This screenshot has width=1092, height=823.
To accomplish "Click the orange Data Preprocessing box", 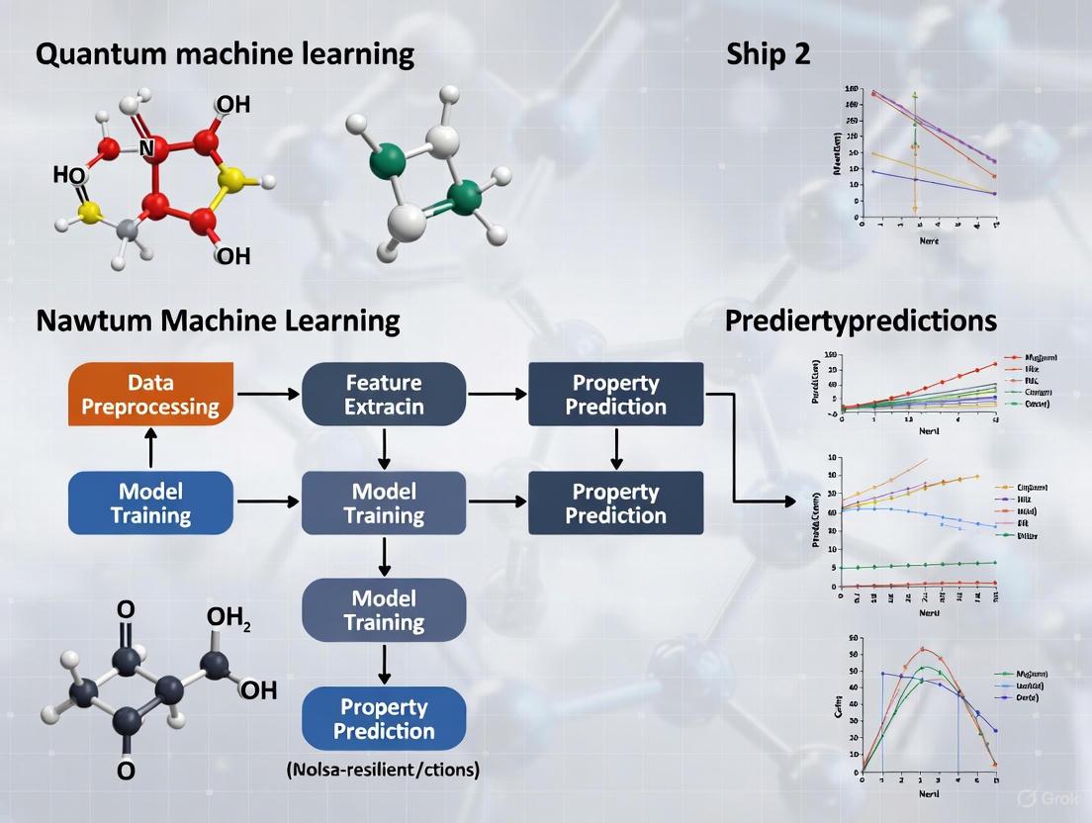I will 151,394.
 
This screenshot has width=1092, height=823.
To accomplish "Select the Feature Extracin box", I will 384,394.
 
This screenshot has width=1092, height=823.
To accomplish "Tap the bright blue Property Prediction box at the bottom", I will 384,719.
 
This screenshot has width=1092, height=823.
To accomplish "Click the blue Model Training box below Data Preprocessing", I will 151,503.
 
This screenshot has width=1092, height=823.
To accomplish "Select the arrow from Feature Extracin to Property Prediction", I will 498,394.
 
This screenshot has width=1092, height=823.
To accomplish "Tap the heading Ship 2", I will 768,54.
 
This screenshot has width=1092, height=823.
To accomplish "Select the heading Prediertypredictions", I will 861,320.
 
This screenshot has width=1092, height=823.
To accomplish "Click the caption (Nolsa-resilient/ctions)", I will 383,769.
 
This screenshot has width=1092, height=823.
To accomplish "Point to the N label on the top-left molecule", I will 145,148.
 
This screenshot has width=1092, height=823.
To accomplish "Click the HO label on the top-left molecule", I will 68,176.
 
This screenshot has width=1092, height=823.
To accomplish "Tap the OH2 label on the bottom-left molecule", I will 228,618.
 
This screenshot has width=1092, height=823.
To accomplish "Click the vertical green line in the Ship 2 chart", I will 915,148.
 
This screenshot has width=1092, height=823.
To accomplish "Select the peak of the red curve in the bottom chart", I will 924,650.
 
